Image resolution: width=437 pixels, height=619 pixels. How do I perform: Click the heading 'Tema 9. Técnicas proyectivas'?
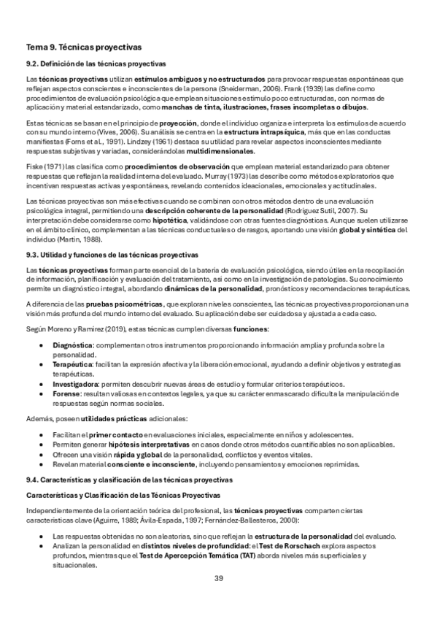tap(83, 47)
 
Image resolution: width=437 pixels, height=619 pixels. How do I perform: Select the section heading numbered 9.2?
tap(96, 64)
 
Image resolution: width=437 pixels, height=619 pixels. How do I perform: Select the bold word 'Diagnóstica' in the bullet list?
tap(72, 344)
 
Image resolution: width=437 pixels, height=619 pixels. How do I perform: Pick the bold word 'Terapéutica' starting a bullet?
tap(72, 363)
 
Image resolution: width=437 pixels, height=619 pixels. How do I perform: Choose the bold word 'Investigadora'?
tap(76, 382)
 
